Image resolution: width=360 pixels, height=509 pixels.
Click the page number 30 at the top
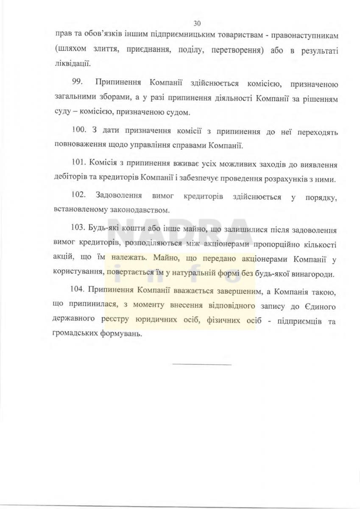tap(196, 23)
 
